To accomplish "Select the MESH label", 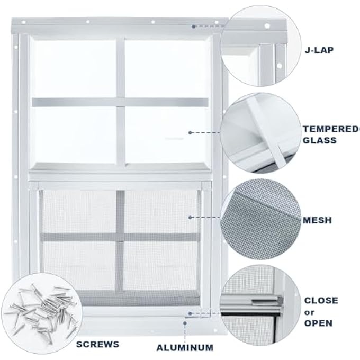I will click(x=318, y=219).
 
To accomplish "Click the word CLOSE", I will click(x=321, y=300).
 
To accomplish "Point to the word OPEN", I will click(x=318, y=323).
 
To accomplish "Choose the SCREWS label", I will click(x=97, y=344).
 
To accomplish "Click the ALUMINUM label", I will click(x=184, y=348).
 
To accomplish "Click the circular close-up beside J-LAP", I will click(x=255, y=45).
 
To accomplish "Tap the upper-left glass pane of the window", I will click(x=74, y=68).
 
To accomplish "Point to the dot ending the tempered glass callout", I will click(x=190, y=133).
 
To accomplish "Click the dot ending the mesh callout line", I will click(x=190, y=217).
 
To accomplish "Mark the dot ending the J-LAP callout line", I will click(x=194, y=25).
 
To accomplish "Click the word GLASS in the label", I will click(x=320, y=140).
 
